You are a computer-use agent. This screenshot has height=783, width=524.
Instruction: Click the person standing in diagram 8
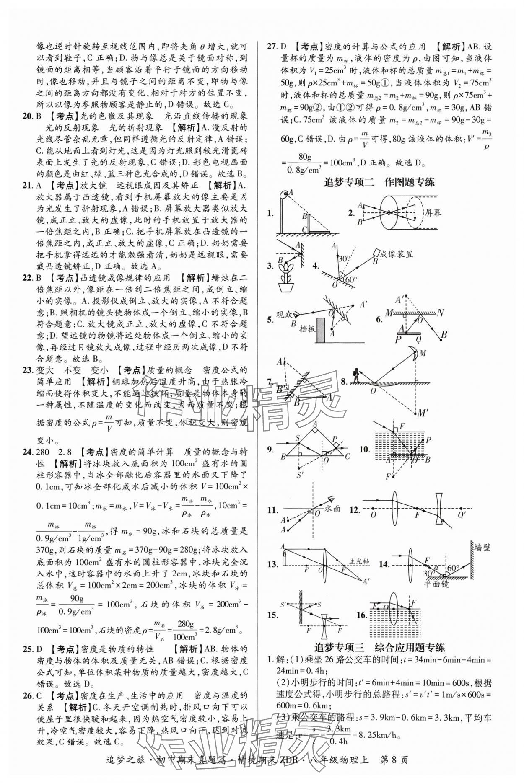pos(356,375)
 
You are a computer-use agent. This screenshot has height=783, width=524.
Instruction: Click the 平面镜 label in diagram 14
pos(435,583)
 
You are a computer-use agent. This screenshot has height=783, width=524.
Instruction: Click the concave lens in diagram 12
pos(439,508)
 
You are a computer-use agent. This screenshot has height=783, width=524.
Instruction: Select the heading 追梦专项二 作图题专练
pos(380,182)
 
